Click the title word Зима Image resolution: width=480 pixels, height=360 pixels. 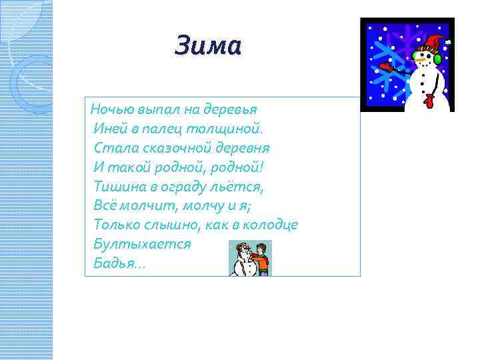coord(207,47)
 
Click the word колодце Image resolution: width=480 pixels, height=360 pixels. coord(269,225)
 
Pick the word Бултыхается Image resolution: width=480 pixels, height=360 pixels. coord(142,244)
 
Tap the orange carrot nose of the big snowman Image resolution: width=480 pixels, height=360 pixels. coord(420,59)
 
